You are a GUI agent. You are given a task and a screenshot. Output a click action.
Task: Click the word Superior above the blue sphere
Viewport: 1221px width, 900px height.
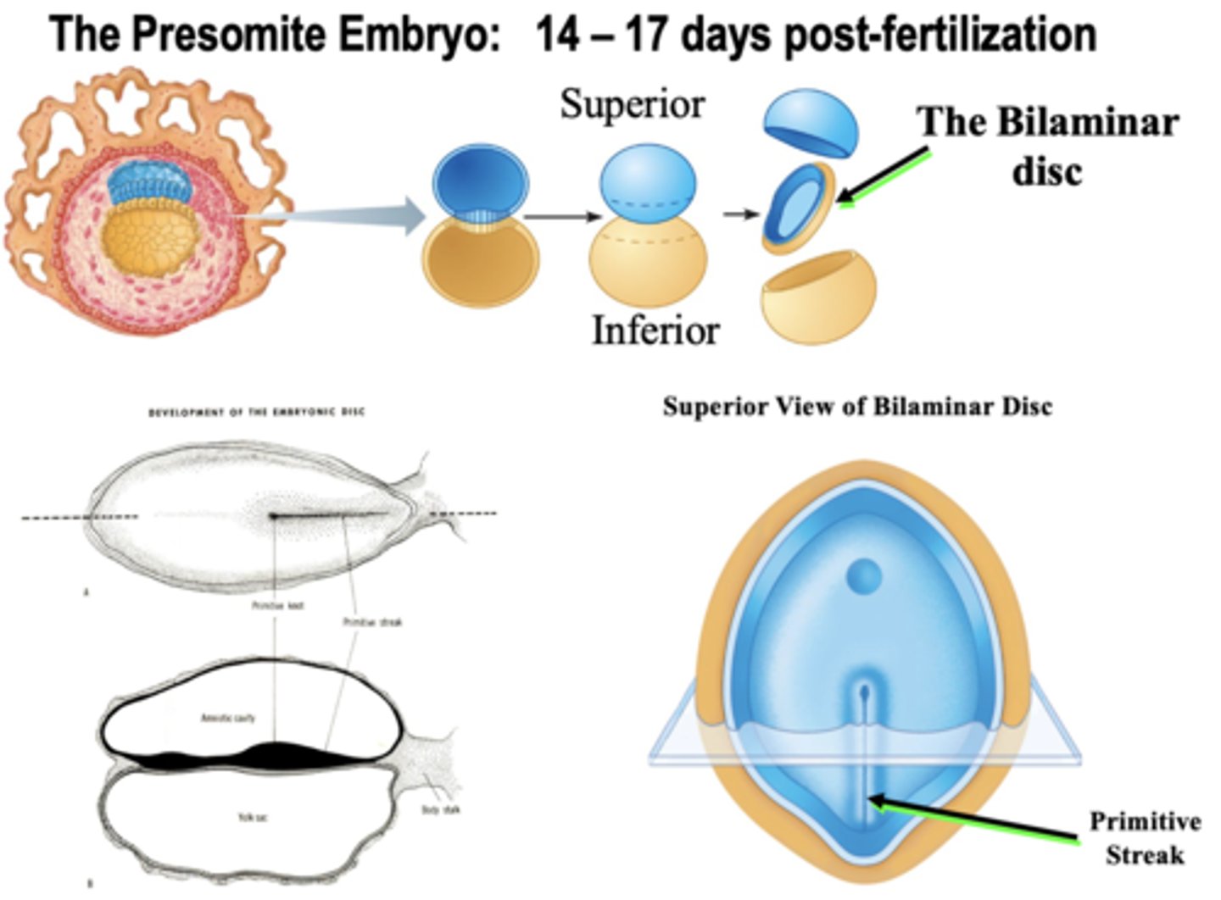click(x=632, y=104)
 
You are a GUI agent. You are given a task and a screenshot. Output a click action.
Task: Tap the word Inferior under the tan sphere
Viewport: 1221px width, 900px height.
click(x=655, y=330)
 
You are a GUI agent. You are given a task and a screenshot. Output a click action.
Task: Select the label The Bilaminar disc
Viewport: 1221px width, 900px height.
click(x=1049, y=145)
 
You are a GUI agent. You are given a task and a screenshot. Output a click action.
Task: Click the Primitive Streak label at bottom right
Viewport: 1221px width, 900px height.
click(x=1145, y=837)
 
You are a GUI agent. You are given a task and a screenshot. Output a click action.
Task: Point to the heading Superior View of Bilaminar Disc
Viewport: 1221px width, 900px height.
click(x=857, y=407)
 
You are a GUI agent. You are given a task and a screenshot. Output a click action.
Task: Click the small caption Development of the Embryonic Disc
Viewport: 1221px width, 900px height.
click(x=257, y=413)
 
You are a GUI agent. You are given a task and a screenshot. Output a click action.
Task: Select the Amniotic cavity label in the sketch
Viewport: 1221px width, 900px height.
click(x=228, y=718)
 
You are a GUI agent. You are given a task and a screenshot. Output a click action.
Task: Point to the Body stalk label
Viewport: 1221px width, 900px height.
click(x=441, y=809)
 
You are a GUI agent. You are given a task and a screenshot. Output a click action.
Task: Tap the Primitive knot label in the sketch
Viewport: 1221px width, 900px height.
click(x=278, y=606)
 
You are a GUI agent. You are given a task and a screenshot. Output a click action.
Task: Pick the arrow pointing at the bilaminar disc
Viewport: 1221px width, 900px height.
click(x=882, y=176)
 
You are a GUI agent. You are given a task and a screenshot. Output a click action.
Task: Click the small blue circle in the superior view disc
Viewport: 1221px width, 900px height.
click(x=864, y=577)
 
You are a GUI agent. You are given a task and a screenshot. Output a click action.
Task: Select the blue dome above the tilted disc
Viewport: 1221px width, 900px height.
click(x=811, y=124)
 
